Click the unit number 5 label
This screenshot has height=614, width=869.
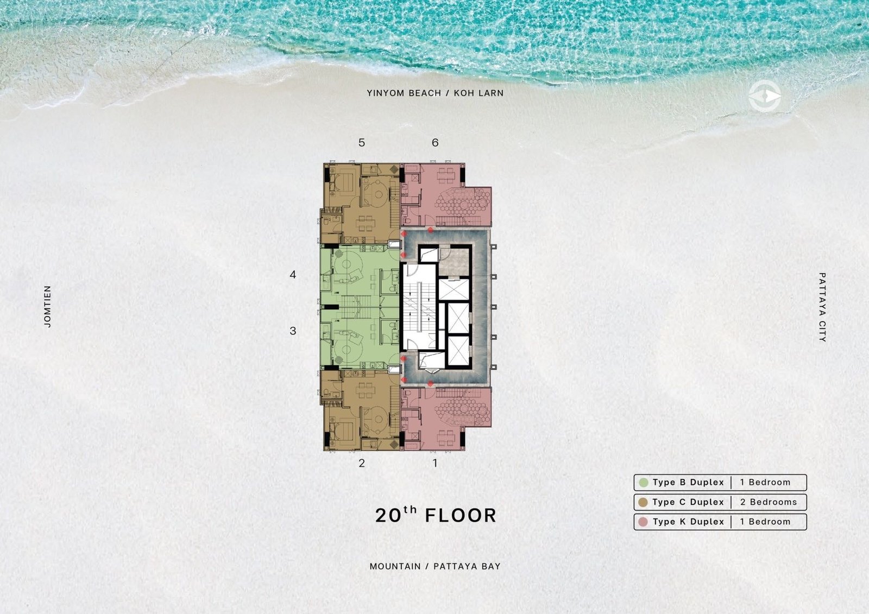pyautogui.click(x=362, y=143)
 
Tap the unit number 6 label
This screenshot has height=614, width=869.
pyautogui.click(x=435, y=143)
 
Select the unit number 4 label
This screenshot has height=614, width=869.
pyautogui.click(x=293, y=275)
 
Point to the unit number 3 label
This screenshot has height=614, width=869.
pyautogui.click(x=293, y=331)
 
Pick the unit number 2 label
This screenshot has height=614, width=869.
pyautogui.click(x=362, y=463)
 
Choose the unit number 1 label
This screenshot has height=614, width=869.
pyautogui.click(x=435, y=463)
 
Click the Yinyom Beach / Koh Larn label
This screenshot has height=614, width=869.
pyautogui.click(x=435, y=93)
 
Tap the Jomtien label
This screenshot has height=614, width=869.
pyautogui.click(x=47, y=306)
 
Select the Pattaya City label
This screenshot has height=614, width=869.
pyautogui.click(x=822, y=307)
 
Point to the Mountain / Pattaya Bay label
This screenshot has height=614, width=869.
pyautogui.click(x=435, y=566)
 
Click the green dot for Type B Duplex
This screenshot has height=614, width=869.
pyautogui.click(x=643, y=483)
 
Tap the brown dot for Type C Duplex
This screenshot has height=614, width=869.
pyautogui.click(x=643, y=502)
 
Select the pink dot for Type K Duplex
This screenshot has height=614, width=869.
pyautogui.click(x=643, y=522)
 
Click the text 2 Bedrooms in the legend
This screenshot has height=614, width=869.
pyautogui.click(x=768, y=502)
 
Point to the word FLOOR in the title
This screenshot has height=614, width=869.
pyautogui.click(x=461, y=516)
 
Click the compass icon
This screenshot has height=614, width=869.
pyautogui.click(x=765, y=96)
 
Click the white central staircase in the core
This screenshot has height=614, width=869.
pyautogui.click(x=420, y=306)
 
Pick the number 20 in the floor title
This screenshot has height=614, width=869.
pyautogui.click(x=388, y=516)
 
